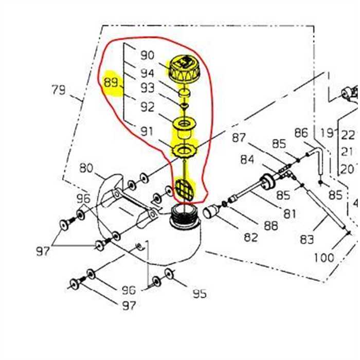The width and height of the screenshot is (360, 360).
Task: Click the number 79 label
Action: pyautogui.click(x=59, y=91)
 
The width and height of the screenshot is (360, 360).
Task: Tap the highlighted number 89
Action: pyautogui.click(x=111, y=83)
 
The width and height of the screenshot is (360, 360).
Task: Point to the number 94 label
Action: pyautogui.click(x=147, y=73)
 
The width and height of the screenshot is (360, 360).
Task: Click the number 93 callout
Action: pyautogui.click(x=147, y=88)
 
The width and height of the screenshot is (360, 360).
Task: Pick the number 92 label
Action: pyautogui.click(x=147, y=107)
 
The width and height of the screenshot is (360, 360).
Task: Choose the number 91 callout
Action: pyautogui.click(x=147, y=131)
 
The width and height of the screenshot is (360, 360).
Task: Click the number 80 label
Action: pyautogui.click(x=86, y=168)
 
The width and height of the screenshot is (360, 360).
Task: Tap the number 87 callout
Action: pyautogui.click(x=239, y=138)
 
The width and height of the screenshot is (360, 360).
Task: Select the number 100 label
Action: pyautogui.click(x=323, y=258)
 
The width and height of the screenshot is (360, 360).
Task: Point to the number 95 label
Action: pyautogui.click(x=199, y=294)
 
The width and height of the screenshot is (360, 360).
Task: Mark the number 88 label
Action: pyautogui.click(x=271, y=225)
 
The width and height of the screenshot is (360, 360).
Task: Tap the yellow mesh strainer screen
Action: pyautogui.click(x=185, y=188)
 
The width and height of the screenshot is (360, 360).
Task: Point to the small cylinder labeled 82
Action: pyautogui.click(x=212, y=212)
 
